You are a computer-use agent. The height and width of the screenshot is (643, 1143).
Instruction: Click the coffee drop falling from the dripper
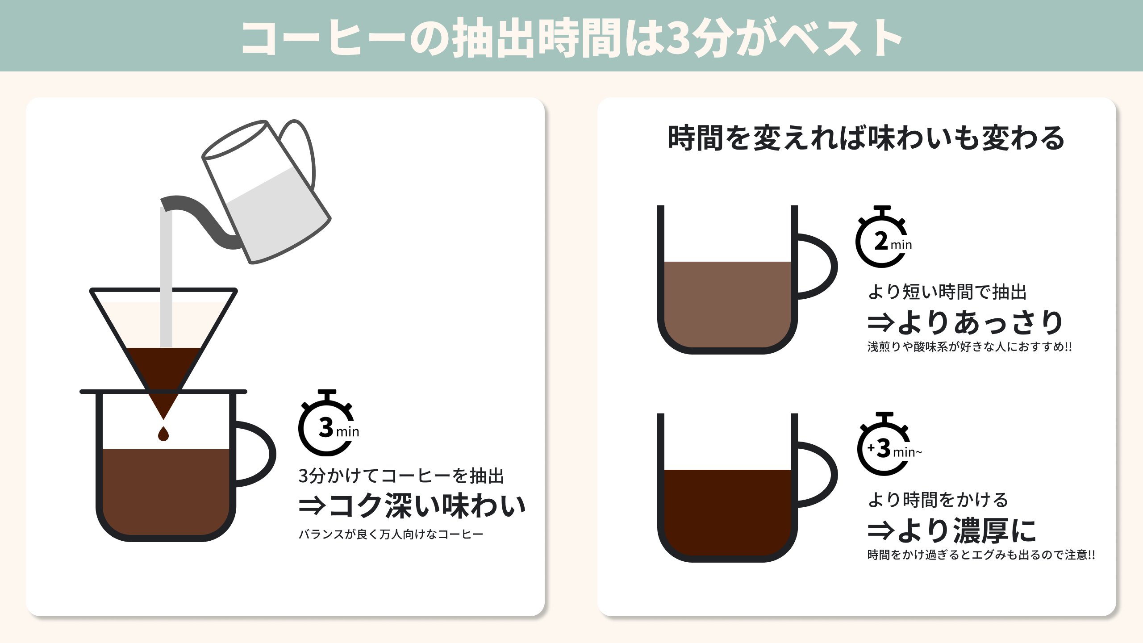pos(163,434)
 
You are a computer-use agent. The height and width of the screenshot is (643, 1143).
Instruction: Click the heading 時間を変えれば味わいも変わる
pos(866,138)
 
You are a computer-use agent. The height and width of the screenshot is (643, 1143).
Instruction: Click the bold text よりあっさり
pos(980,322)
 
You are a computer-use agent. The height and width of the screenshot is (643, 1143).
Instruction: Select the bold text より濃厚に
pos(967,530)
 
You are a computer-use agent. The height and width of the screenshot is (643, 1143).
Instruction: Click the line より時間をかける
pos(938,500)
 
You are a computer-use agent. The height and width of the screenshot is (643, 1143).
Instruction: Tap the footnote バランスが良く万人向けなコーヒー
pos(391,534)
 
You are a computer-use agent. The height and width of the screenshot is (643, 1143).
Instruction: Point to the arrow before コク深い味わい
pos(312,506)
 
